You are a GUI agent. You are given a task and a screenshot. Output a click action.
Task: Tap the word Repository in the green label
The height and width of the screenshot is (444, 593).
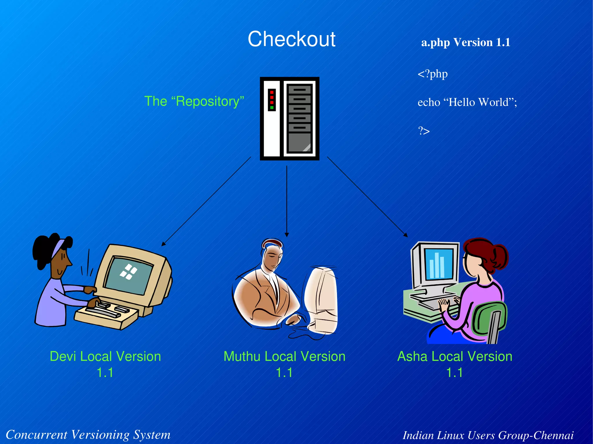(x=208, y=102)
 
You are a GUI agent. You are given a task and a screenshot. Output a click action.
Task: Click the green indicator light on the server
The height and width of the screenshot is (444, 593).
(x=272, y=108)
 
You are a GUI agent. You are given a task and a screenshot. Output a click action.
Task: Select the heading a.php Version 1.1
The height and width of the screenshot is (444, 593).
(x=465, y=43)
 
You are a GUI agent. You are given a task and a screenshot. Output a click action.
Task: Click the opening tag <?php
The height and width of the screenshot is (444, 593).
(x=432, y=74)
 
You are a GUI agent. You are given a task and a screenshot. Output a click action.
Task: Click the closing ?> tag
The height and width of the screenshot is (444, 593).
(x=424, y=131)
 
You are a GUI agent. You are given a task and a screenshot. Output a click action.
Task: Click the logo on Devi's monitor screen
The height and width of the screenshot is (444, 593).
(x=128, y=272)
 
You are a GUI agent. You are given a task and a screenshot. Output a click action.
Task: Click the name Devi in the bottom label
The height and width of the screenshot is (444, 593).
(x=63, y=356)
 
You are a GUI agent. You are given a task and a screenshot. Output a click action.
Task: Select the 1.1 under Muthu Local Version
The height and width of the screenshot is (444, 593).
(x=284, y=373)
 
